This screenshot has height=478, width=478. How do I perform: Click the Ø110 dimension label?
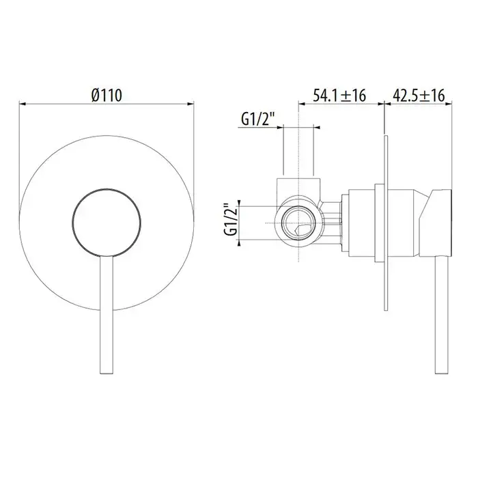(x=107, y=95)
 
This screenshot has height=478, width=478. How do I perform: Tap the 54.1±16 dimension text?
(x=339, y=95)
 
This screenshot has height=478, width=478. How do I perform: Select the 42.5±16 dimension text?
(x=419, y=95)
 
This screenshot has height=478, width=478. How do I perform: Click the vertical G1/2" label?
(x=231, y=219)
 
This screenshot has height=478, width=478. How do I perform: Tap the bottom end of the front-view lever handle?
(x=107, y=374)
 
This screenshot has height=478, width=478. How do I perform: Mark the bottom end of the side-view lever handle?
(x=441, y=374)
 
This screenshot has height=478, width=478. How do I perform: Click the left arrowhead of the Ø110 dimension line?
(x=23, y=104)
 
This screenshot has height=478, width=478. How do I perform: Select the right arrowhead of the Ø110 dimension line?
(x=190, y=104)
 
